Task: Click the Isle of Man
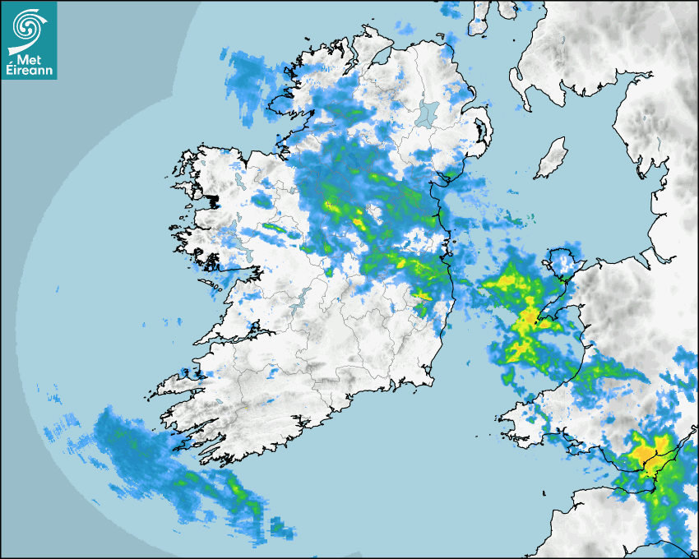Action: click(551, 159)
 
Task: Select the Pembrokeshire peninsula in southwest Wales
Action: click(526, 419)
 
